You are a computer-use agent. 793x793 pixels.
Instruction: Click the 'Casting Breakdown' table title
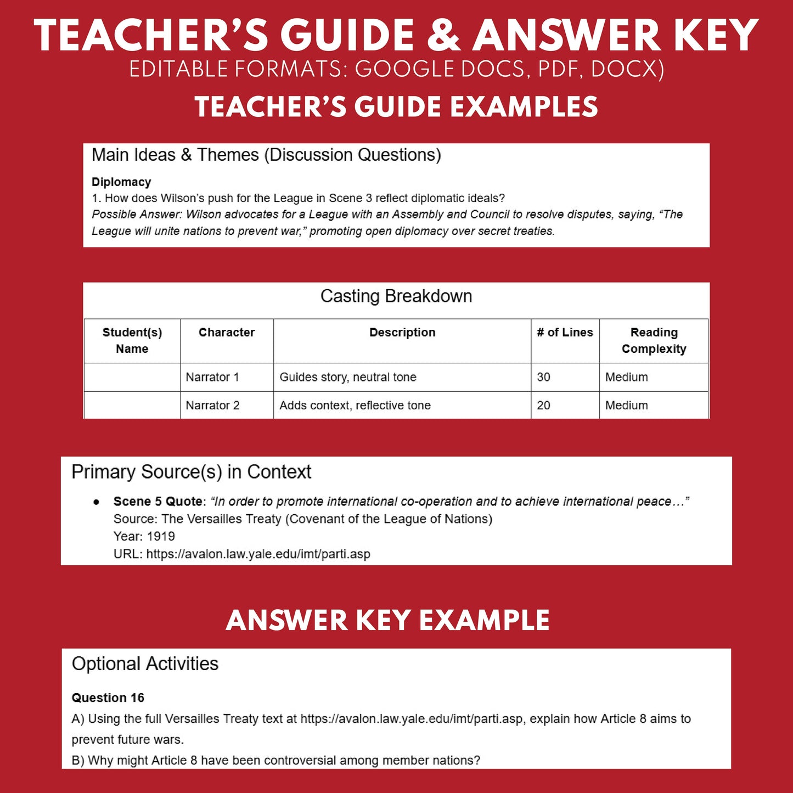pyautogui.click(x=396, y=296)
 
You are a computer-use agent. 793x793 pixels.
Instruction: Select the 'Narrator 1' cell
pyautogui.click(x=212, y=377)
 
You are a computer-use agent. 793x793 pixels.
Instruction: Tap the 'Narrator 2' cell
pyautogui.click(x=212, y=406)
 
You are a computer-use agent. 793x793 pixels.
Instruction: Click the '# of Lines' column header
pyautogui.click(x=565, y=333)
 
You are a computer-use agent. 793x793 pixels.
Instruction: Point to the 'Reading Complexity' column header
pyautogui.click(x=654, y=341)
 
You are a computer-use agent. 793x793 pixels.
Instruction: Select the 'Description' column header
pyautogui.click(x=402, y=333)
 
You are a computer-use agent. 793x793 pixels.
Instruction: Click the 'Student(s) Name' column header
pyautogui.click(x=132, y=341)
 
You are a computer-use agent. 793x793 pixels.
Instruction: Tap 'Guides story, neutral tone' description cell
pyautogui.click(x=348, y=377)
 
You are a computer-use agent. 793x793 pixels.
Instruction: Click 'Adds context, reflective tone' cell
pyautogui.click(x=355, y=406)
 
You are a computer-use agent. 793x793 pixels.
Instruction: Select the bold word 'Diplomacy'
pyautogui.click(x=121, y=182)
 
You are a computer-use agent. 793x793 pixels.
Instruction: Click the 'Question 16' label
pyautogui.click(x=108, y=698)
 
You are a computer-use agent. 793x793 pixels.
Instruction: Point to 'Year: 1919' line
pyautogui.click(x=144, y=537)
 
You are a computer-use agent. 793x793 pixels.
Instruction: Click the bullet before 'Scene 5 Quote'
pyautogui.click(x=97, y=502)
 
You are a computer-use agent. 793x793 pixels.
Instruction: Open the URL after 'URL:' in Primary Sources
pyautogui.click(x=258, y=554)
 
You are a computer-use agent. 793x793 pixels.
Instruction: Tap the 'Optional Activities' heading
pyautogui.click(x=145, y=664)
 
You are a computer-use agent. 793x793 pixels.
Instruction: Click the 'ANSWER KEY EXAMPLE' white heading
pyautogui.click(x=387, y=621)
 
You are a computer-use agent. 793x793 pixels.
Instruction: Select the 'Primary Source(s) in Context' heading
pyautogui.click(x=192, y=472)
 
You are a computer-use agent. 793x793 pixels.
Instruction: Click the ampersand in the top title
pyautogui.click(x=443, y=36)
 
